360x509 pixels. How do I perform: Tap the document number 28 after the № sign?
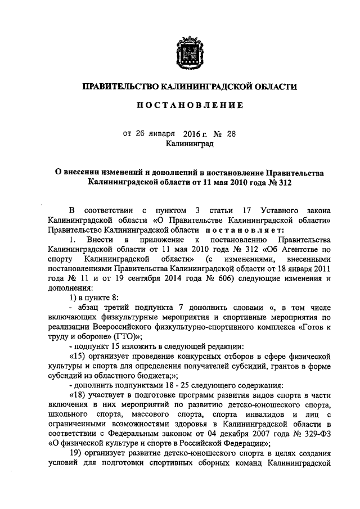(x=233, y=134)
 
